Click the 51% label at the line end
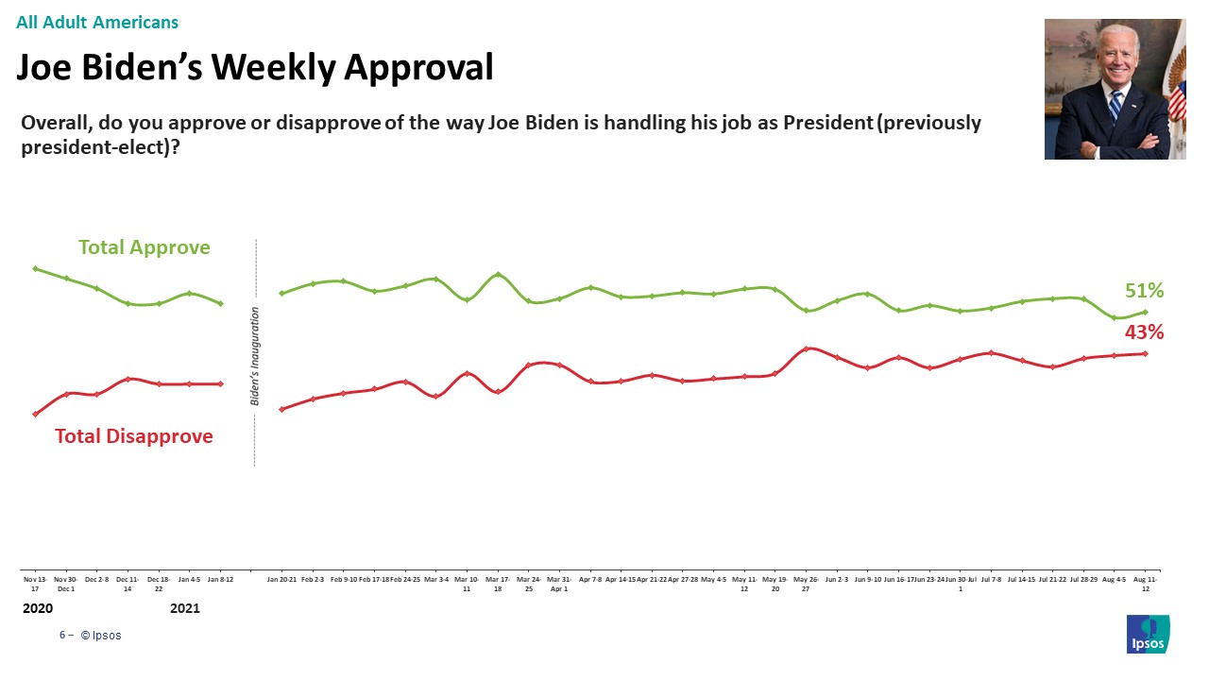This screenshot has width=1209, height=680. coord(1144,291)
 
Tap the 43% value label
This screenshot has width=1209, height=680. coord(1144,332)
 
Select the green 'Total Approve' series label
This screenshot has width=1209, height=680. coord(144,247)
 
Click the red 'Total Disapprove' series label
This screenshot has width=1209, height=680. coord(133,436)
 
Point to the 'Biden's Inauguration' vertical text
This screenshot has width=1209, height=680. coord(255,356)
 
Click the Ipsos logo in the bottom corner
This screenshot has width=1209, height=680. coord(1148,634)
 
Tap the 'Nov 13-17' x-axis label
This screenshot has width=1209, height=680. coord(35,583)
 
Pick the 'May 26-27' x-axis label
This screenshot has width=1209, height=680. coord(806,583)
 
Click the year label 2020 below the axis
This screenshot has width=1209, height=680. coord(38,609)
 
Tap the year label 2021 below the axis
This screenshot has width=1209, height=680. coord(185,609)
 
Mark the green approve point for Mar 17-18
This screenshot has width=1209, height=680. coord(498,275)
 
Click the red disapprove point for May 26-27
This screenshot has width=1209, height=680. coord(806,348)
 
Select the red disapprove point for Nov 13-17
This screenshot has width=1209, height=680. coord(35,414)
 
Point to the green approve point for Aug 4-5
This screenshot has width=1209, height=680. coord(1115,317)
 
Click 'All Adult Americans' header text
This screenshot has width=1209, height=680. coord(97,23)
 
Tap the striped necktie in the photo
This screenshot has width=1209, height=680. coord(1115,106)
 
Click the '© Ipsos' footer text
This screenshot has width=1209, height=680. coord(101,636)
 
